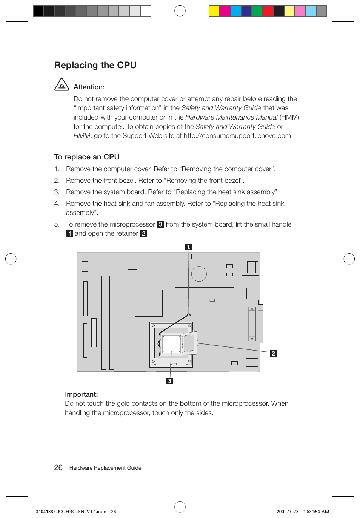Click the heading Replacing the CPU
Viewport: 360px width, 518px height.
click(x=95, y=65)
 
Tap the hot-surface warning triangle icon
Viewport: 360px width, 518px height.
click(x=62, y=84)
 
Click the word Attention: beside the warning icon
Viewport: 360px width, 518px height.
click(x=89, y=87)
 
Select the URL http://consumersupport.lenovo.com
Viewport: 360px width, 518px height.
click(x=237, y=136)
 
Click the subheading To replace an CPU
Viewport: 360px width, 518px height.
click(x=87, y=157)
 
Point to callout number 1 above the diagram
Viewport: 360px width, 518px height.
click(x=189, y=247)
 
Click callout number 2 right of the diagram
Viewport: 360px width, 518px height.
click(x=273, y=353)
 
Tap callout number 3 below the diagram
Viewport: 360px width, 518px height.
click(x=170, y=381)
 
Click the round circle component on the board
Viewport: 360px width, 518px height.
click(x=199, y=274)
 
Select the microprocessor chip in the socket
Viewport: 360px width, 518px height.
click(x=171, y=344)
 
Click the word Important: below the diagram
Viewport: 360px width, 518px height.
click(x=81, y=394)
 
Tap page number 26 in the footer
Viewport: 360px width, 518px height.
click(x=58, y=467)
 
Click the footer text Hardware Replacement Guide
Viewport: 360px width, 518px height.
click(x=105, y=468)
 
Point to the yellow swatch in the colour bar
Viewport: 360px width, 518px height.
click(x=214, y=11)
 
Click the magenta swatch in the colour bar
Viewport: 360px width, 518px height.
click(x=225, y=11)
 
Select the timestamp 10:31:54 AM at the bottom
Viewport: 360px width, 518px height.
click(x=316, y=512)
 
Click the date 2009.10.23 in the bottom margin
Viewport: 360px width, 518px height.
click(x=287, y=512)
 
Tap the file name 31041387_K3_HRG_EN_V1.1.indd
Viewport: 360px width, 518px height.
click(x=71, y=512)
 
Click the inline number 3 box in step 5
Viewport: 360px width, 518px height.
click(x=160, y=224)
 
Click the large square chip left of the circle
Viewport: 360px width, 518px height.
click(x=149, y=303)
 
